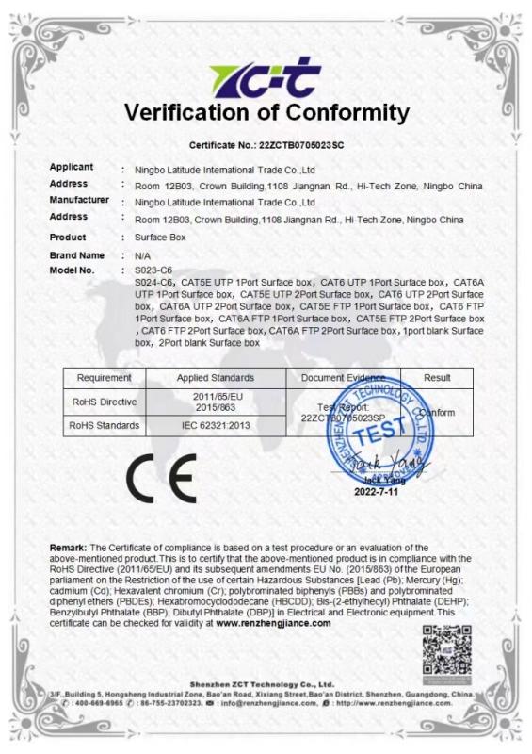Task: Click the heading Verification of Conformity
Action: click(x=266, y=114)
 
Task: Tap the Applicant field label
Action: click(x=71, y=167)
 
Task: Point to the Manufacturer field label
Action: click(x=79, y=200)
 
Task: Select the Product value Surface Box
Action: click(x=161, y=238)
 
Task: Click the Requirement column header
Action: click(x=104, y=377)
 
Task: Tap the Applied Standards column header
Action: click(x=216, y=377)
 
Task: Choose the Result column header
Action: click(x=437, y=377)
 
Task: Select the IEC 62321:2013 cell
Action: click(x=216, y=426)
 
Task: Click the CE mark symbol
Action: click(x=162, y=478)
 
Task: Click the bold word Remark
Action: click(x=68, y=548)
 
